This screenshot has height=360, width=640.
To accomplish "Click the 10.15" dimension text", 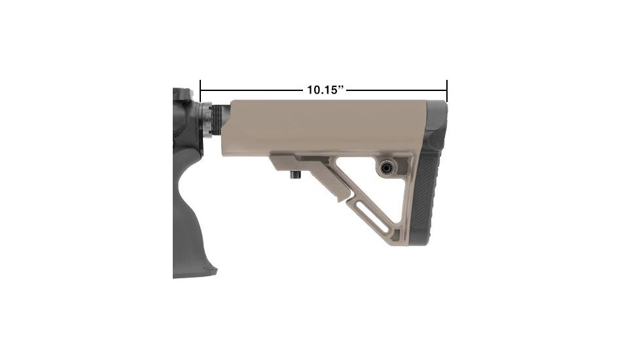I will [x=325, y=90].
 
